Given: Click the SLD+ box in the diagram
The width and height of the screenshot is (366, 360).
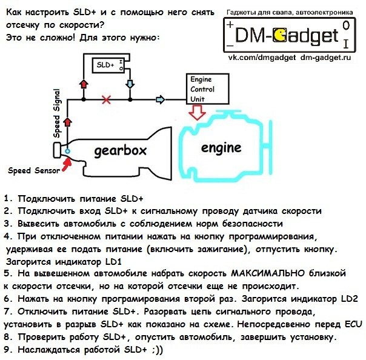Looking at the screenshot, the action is [x=108, y=65].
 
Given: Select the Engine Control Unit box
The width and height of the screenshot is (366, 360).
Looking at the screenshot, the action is [x=207, y=89].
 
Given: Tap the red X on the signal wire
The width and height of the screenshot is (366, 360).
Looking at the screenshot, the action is [x=107, y=100].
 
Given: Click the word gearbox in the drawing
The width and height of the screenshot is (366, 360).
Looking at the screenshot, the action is [x=120, y=152].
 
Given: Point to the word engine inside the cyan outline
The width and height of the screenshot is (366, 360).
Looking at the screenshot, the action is [x=221, y=148].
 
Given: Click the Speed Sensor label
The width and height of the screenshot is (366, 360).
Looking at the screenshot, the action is [x=34, y=170].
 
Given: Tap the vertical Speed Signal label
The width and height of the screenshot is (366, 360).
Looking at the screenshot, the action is [x=57, y=113].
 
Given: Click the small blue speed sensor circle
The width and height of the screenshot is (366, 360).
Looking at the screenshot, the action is [x=67, y=152].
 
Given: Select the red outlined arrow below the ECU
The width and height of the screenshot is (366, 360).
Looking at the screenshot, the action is [x=197, y=112].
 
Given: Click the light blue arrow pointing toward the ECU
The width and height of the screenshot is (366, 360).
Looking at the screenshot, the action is [x=160, y=99].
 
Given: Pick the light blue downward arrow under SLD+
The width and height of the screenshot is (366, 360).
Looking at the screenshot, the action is [x=130, y=84].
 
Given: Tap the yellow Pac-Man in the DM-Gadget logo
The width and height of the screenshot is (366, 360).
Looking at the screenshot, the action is [x=279, y=35].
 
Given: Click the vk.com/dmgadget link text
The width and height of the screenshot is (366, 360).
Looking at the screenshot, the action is [x=262, y=58].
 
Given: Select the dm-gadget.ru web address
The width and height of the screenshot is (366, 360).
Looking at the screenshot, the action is [x=326, y=58].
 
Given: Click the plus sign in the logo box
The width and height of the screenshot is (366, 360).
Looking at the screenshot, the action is [x=230, y=24].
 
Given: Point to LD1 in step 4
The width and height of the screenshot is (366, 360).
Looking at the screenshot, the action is [x=113, y=262].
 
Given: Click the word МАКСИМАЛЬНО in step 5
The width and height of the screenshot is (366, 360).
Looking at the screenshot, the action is [x=268, y=273].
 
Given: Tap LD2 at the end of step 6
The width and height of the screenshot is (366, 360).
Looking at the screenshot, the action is [x=350, y=299].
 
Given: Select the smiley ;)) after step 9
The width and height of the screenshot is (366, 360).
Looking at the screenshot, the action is [x=157, y=350].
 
